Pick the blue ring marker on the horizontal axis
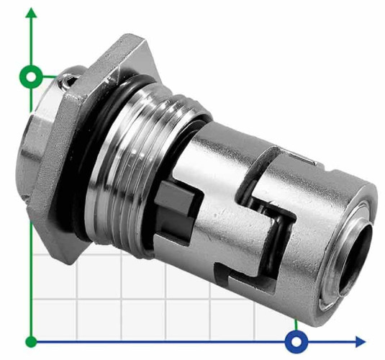[296, 341]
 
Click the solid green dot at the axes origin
[31, 341]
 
